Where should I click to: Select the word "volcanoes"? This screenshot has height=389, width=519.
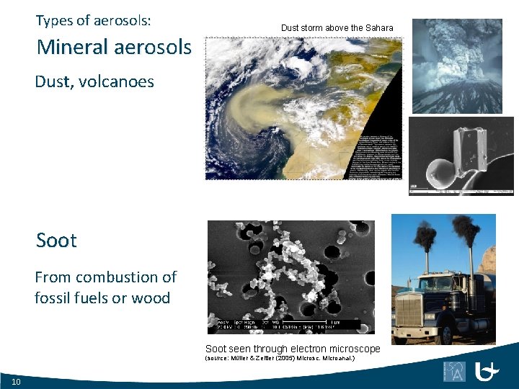click(x=116, y=81)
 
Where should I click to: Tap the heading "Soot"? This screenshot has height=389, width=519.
click(x=56, y=240)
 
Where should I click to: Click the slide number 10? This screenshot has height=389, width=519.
click(x=16, y=381)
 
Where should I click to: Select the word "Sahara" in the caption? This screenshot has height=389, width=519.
click(x=378, y=28)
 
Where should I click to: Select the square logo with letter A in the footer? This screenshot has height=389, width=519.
click(x=455, y=371)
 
